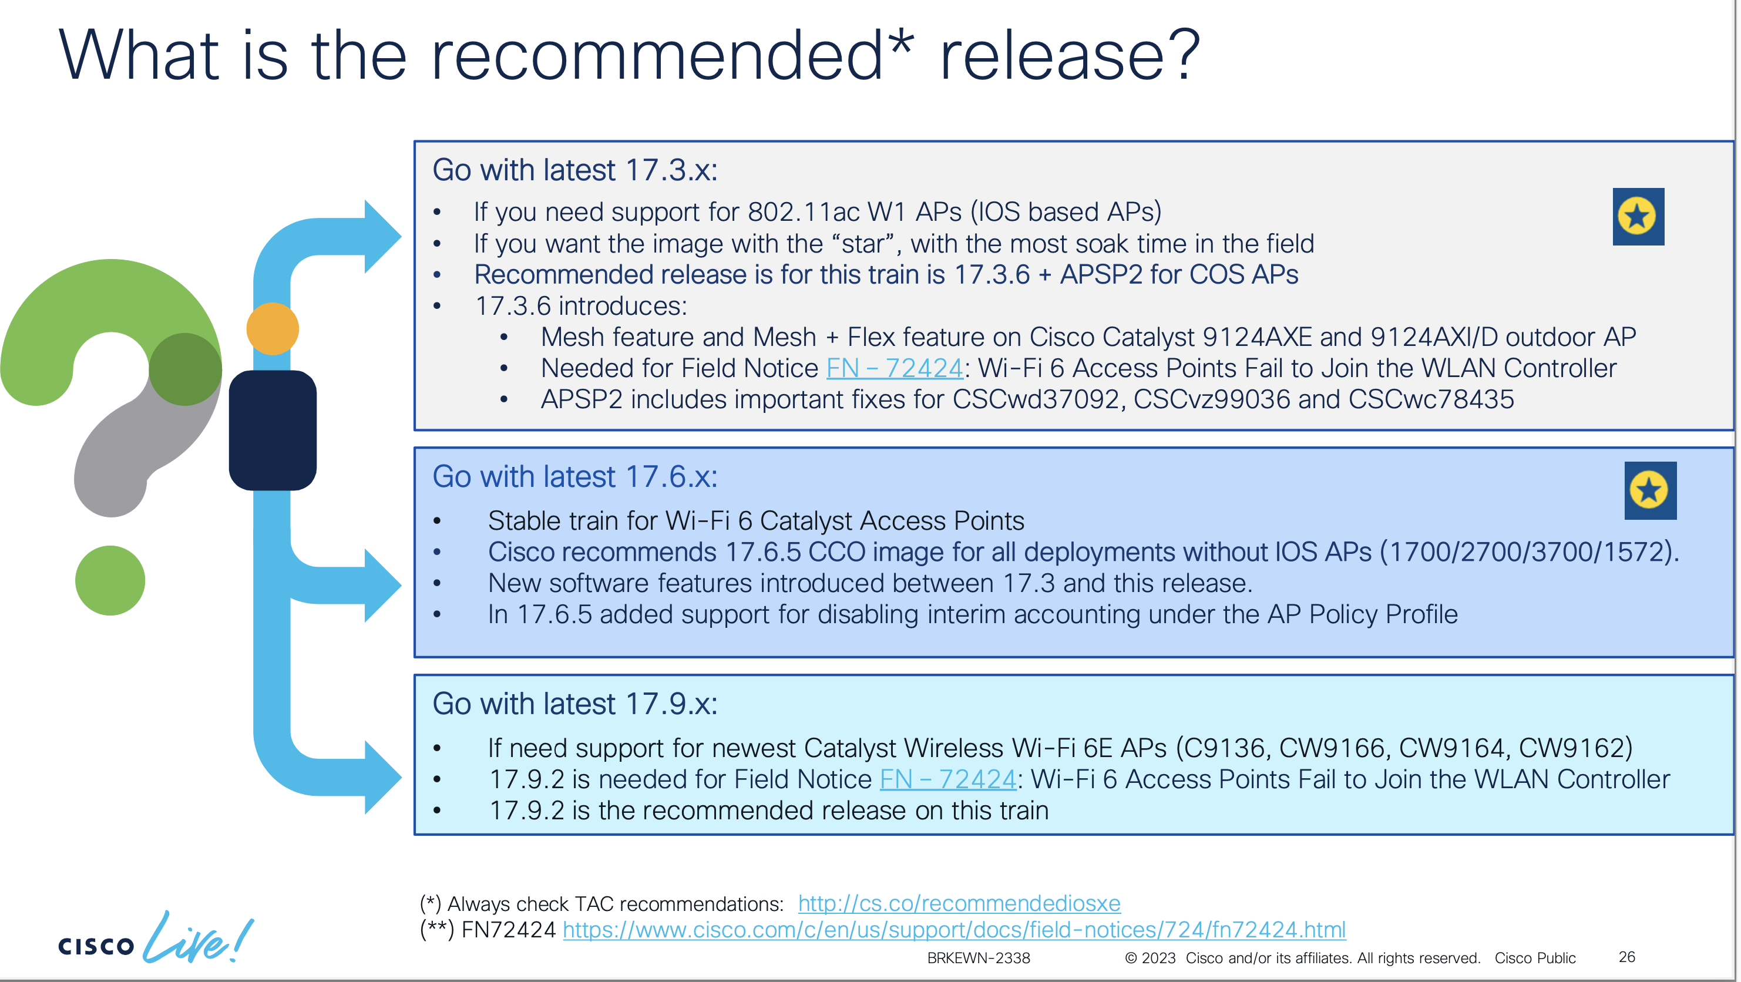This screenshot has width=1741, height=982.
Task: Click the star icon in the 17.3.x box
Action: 1638,216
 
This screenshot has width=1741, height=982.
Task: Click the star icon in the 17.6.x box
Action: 1650,490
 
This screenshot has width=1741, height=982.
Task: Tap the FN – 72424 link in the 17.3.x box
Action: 894,368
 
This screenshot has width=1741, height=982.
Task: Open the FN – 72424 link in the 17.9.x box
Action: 947,779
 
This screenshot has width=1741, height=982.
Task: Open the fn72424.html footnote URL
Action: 954,930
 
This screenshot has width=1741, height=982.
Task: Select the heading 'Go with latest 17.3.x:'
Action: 574,170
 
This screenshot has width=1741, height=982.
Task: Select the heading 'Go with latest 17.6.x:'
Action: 574,476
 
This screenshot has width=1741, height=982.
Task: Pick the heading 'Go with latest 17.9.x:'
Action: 574,704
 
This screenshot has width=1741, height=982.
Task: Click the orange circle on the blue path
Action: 273,328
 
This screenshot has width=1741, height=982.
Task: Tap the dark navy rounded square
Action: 273,431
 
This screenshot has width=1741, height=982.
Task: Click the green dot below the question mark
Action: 110,580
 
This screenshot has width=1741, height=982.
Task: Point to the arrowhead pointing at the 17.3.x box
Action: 382,237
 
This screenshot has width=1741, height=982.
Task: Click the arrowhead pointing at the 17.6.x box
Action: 382,586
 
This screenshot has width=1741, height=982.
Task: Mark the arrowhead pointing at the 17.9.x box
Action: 382,777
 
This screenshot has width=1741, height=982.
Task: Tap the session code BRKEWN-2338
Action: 979,959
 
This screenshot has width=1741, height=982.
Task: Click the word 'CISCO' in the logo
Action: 96,946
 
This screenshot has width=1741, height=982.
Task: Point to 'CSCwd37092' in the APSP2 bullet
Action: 1036,399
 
